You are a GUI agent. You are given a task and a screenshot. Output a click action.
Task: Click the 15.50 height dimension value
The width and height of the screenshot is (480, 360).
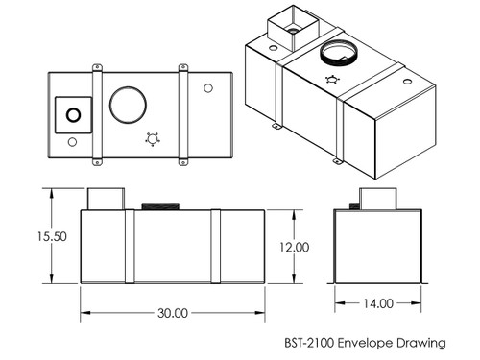(x=52, y=236)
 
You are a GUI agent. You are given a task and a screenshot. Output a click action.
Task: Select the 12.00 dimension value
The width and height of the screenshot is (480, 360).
(x=295, y=247)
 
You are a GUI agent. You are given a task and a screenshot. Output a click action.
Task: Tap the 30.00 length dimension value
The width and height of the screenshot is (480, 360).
(x=173, y=313)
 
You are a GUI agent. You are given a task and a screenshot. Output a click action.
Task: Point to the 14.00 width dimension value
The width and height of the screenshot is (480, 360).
(x=378, y=303)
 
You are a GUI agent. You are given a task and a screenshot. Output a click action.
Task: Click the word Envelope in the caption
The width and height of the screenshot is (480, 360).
(x=365, y=343)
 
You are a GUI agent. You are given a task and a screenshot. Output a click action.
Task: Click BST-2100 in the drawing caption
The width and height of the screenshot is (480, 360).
(x=309, y=343)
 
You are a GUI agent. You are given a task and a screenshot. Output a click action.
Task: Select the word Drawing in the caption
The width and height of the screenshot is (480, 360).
(x=421, y=344)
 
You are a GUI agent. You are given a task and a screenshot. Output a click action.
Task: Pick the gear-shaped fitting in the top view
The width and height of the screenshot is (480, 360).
(x=153, y=139)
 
